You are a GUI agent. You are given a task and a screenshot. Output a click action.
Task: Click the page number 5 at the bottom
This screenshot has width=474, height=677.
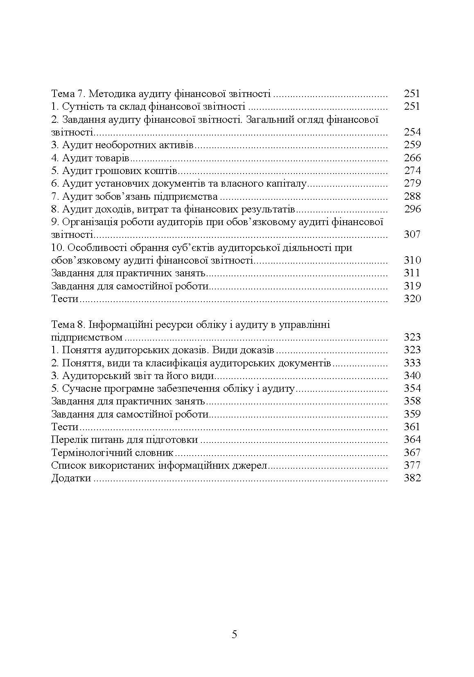click(x=234, y=635)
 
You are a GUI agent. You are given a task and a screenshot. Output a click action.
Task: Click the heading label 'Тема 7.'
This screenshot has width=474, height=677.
click(x=68, y=94)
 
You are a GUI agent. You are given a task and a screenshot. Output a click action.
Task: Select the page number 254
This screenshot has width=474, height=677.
click(x=412, y=132)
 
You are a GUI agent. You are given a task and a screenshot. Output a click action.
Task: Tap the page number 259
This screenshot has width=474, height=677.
click(x=412, y=145)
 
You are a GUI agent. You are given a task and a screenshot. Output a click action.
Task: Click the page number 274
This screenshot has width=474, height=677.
click(x=412, y=171)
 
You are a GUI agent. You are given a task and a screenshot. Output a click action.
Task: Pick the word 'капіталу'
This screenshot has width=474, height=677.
click(x=288, y=183)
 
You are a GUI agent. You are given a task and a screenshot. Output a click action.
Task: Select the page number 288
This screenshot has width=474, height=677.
click(x=412, y=196)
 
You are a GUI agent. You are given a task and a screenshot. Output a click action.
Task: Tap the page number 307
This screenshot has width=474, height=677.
click(x=412, y=235)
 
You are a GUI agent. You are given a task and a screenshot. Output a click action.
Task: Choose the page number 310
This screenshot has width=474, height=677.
click(x=412, y=260)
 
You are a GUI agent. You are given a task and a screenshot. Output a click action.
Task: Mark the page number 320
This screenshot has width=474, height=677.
click(x=412, y=299)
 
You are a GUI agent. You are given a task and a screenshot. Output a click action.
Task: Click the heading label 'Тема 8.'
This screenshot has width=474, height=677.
click(x=68, y=325)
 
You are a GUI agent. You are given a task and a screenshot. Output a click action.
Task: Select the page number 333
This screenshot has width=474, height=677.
click(x=412, y=363)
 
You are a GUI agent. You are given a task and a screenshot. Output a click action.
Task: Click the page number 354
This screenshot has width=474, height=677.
click(x=412, y=388)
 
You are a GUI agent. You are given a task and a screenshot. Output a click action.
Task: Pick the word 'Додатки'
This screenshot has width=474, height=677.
click(x=71, y=478)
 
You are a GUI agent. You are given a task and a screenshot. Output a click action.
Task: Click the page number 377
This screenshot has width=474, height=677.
click(x=412, y=465)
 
